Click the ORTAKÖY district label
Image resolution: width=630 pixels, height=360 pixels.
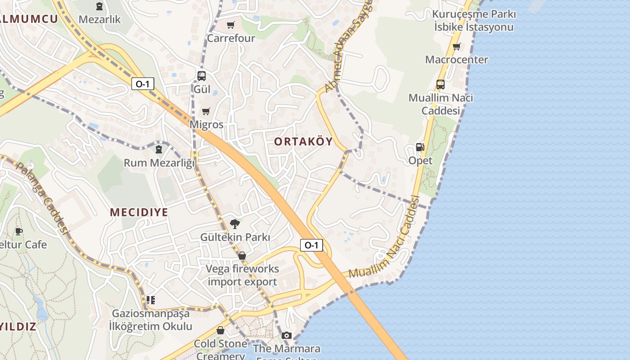(x=303, y=142)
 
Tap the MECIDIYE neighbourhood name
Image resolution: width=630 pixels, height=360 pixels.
(x=139, y=212)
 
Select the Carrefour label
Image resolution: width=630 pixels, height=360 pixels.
(x=231, y=38)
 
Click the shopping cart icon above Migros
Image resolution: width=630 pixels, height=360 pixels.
(x=206, y=111)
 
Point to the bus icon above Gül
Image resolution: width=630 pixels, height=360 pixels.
(x=202, y=76)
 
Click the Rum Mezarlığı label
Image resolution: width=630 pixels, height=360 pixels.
(x=159, y=162)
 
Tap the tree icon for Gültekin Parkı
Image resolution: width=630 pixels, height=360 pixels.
(x=234, y=224)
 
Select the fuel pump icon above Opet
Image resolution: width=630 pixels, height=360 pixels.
(x=420, y=147)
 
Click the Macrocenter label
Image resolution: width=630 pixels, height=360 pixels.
(x=456, y=59)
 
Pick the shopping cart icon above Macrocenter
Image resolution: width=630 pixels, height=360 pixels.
(x=457, y=46)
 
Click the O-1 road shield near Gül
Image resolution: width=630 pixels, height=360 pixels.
(x=143, y=83)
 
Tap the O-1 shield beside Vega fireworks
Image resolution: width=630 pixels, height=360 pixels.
(x=311, y=245)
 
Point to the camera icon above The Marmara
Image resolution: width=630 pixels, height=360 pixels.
(x=286, y=335)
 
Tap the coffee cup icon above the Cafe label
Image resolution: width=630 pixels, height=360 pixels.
(x=18, y=231)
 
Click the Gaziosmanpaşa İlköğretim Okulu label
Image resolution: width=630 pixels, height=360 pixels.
(x=152, y=320)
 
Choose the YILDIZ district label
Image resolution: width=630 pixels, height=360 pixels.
(x=18, y=327)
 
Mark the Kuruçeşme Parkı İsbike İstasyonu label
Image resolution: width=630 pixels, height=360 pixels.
(x=474, y=21)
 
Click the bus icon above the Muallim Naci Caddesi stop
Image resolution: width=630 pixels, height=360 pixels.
(x=440, y=85)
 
